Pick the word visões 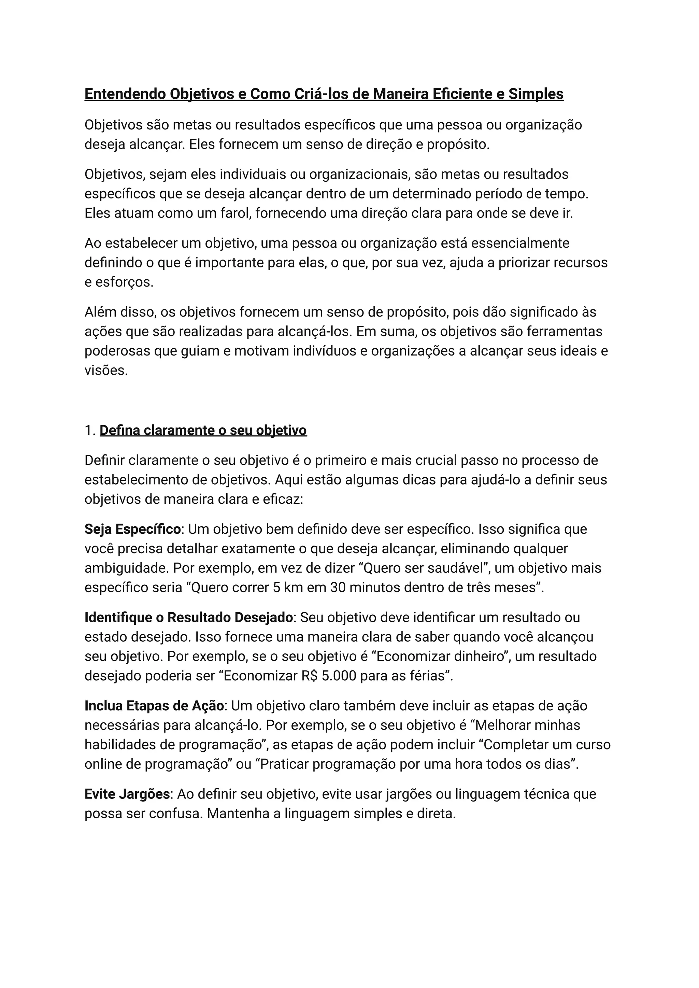coord(106,371)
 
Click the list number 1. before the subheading coord(90,430)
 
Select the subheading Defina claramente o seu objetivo coord(203,430)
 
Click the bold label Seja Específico coord(132,529)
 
